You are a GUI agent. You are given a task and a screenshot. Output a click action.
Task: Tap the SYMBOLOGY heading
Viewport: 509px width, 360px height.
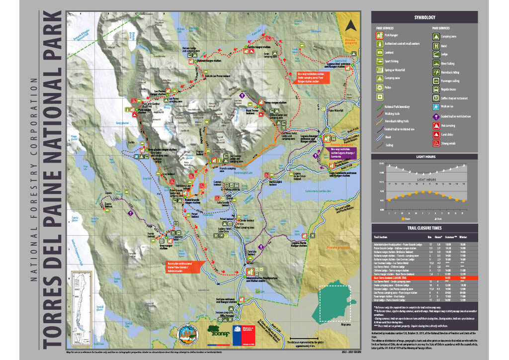[x=424, y=17]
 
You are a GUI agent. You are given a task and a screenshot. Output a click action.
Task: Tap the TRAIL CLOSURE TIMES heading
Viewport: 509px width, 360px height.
[x=424, y=228]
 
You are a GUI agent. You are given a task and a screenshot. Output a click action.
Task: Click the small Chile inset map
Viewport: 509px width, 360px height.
[x=80, y=295]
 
